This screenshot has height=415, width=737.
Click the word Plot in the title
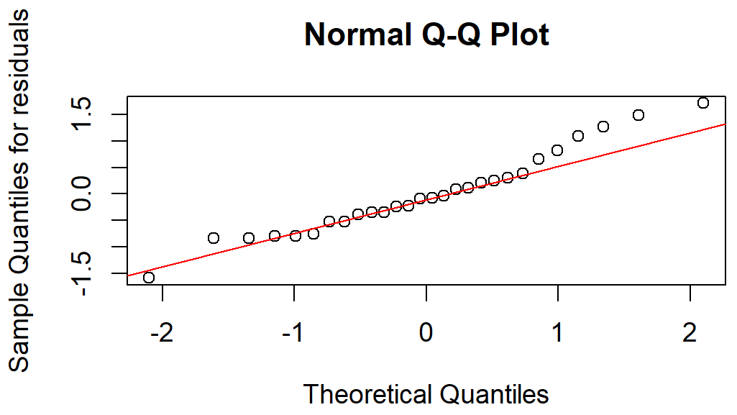(519, 35)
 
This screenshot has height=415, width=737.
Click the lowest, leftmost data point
(149, 278)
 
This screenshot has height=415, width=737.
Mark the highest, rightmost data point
(703, 103)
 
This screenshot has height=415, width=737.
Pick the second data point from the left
(214, 238)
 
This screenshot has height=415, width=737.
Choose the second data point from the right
(638, 115)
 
